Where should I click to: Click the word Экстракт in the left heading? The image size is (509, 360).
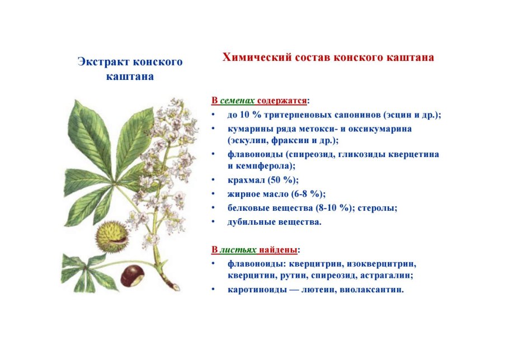point(101,61)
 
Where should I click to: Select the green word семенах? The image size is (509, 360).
point(237,101)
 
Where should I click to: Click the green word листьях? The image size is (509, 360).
point(234,249)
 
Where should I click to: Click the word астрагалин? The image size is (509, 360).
point(398,276)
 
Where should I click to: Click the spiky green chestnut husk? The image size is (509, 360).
point(112,236)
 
